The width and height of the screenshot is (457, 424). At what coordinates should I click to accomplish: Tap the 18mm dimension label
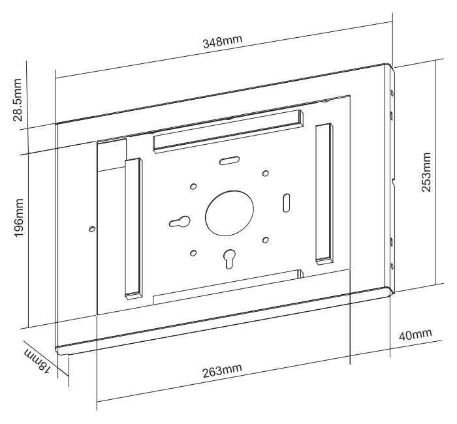click(x=36, y=360)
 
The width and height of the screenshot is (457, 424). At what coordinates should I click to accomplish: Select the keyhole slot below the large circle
click(x=228, y=259)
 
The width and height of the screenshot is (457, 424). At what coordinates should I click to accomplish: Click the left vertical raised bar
click(x=133, y=228)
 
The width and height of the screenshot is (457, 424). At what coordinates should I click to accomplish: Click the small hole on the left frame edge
click(x=91, y=229)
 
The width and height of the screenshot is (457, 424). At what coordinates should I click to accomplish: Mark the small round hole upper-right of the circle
click(x=265, y=174)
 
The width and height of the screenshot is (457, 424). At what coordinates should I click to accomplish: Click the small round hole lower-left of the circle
click(x=193, y=252)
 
